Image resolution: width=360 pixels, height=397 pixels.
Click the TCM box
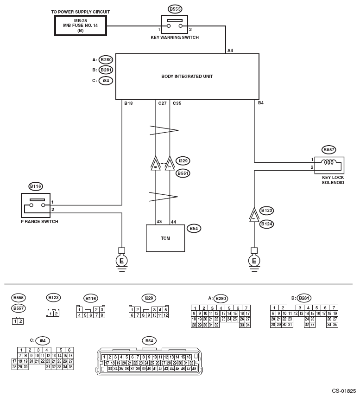[165, 238]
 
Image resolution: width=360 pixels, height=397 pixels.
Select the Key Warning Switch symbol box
[175, 24]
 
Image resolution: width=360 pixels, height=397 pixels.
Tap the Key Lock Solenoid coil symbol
[328, 162]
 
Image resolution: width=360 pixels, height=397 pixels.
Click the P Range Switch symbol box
[36, 205]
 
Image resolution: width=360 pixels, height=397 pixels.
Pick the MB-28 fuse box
[81, 26]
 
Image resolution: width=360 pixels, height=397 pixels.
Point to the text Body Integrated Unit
[187, 76]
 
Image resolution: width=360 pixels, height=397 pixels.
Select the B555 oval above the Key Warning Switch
[175, 9]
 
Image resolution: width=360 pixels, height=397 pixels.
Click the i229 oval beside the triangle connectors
[183, 161]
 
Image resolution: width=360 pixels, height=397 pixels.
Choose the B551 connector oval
[183, 173]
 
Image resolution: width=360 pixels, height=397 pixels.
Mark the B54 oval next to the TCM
[194, 228]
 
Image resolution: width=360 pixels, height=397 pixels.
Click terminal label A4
[230, 51]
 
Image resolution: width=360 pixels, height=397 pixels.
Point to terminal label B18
[128, 103]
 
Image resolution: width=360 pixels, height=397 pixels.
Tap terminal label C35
[177, 103]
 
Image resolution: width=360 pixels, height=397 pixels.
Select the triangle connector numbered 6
[156, 164]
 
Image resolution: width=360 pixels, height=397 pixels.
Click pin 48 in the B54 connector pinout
[194, 369]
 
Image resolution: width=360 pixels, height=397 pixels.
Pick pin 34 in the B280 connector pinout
[248, 325]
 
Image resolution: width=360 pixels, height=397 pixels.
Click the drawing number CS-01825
[344, 391]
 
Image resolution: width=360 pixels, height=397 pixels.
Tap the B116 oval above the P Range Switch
[36, 186]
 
